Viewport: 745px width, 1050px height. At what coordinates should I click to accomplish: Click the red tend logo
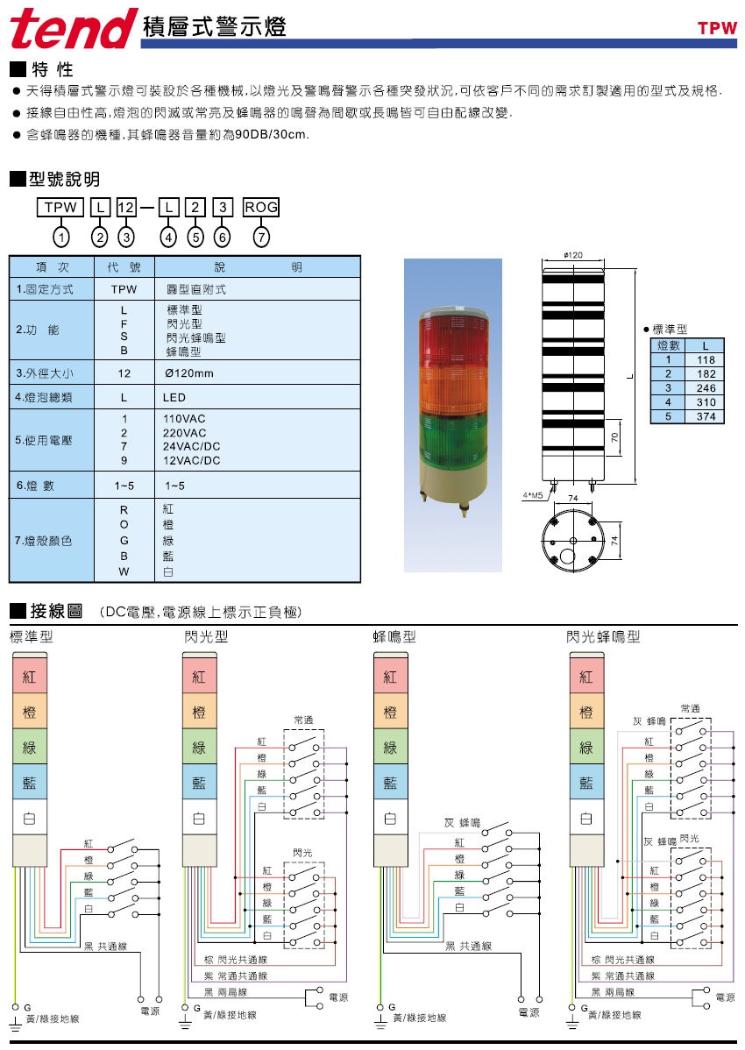point(74,29)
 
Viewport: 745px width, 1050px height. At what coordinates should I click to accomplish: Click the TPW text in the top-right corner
point(717,28)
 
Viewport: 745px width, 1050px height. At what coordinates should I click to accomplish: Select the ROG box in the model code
point(261,208)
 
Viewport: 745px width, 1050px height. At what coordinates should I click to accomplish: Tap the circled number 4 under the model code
point(168,237)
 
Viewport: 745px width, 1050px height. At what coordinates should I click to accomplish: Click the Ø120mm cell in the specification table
point(188,373)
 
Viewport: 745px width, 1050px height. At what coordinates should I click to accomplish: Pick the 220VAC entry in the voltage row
point(185,433)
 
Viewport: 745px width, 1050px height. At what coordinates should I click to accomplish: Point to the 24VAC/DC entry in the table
point(191,447)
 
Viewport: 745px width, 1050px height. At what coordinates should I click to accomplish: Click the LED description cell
point(174,397)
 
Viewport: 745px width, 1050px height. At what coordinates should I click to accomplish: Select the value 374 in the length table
point(706,416)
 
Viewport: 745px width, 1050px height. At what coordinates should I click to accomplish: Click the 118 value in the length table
point(706,359)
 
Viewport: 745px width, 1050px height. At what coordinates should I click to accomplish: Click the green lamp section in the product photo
point(454,436)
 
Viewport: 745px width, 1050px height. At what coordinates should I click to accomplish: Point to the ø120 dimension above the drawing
point(573,255)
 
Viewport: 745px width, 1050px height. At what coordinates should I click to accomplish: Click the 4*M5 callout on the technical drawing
point(533,495)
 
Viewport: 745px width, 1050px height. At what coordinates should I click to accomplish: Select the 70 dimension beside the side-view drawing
point(615,438)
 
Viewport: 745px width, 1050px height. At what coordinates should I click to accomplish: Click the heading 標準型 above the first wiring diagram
point(31,637)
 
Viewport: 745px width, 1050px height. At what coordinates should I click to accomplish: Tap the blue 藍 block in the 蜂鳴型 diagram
point(390,782)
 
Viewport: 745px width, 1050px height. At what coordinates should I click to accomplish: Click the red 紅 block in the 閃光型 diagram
point(200,677)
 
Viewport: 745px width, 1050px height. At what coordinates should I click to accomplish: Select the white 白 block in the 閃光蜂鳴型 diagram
point(586,818)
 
